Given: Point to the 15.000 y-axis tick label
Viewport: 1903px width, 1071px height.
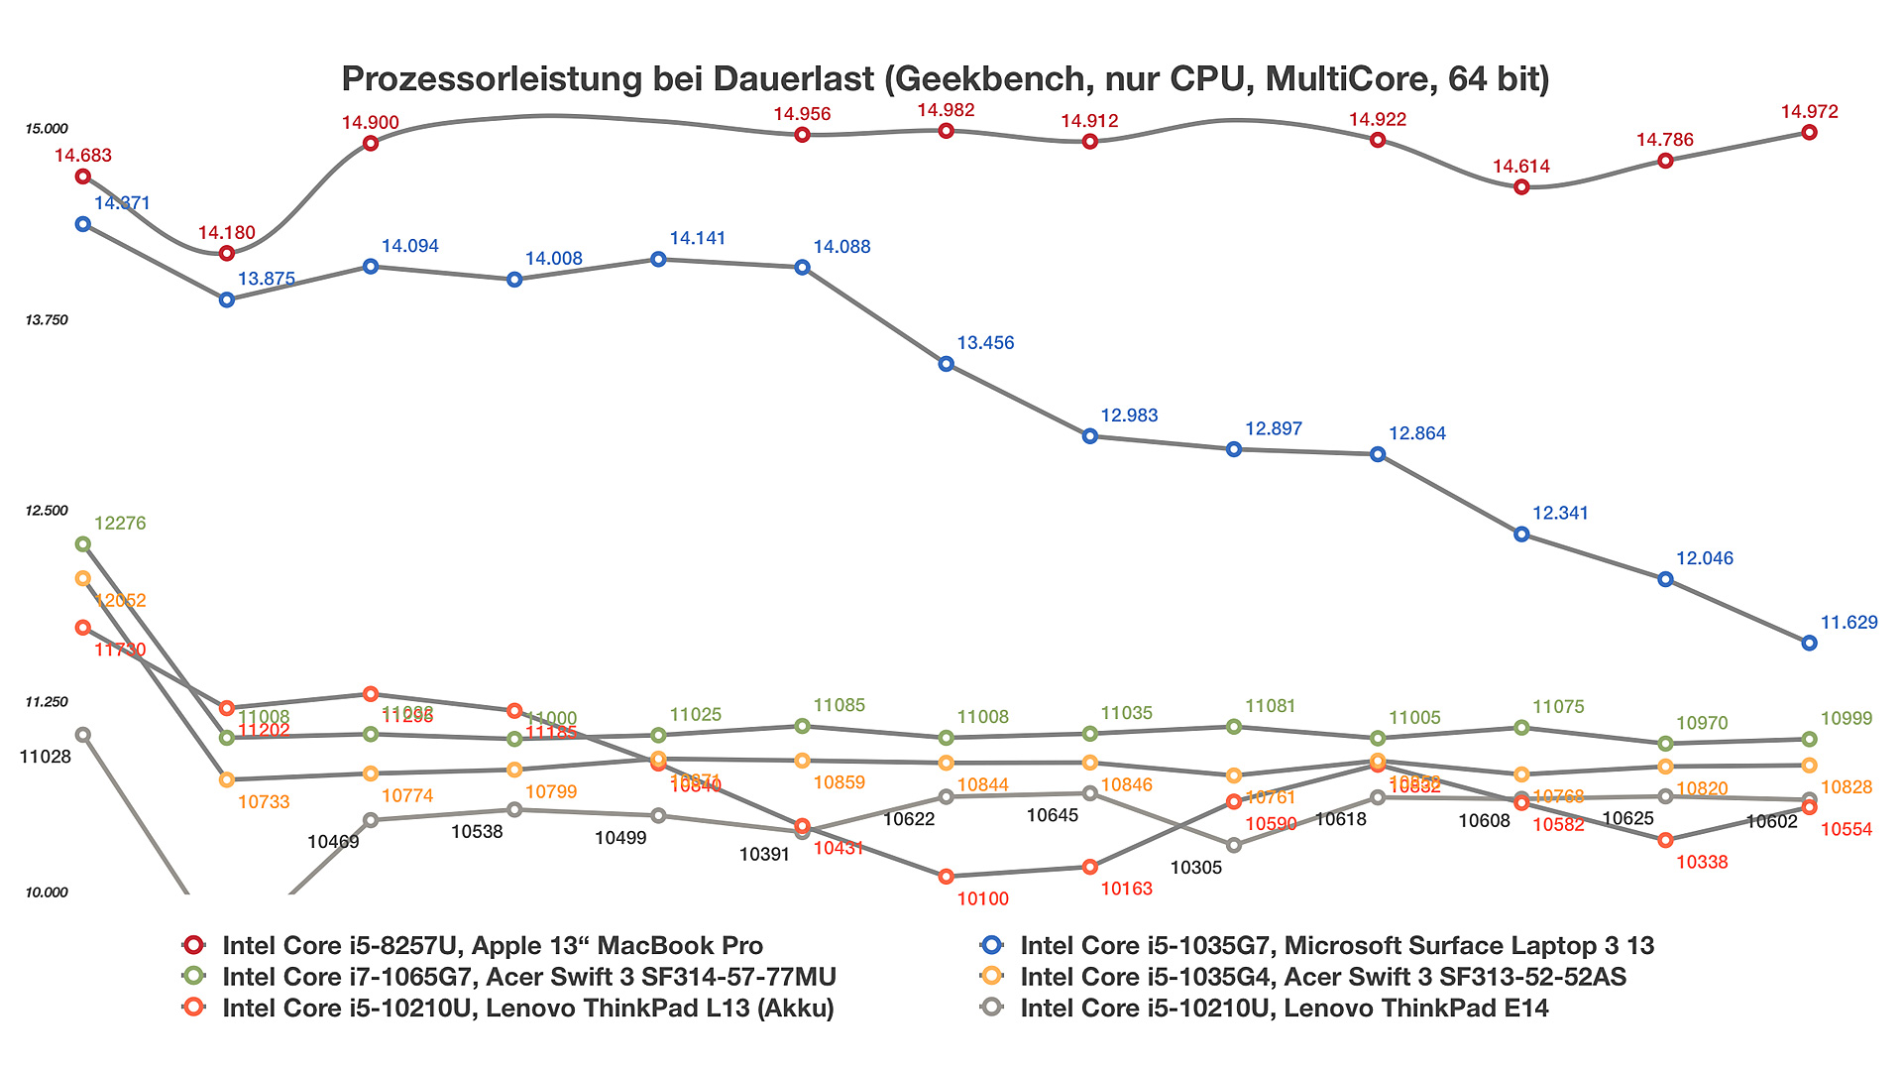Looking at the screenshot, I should coord(47,129).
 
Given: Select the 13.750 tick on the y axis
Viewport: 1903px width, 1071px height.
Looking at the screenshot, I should coord(47,320).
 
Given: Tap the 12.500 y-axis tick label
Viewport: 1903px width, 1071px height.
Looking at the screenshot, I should coord(47,511).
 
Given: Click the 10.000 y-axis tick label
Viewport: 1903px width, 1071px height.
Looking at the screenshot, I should coord(47,892).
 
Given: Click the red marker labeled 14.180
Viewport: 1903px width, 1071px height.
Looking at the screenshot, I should coord(227,254).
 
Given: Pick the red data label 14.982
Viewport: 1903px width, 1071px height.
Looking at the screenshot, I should coord(946,110).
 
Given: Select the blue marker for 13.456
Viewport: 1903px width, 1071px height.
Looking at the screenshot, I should coord(947,364).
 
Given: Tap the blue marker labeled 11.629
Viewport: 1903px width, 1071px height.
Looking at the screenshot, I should coord(1810,643).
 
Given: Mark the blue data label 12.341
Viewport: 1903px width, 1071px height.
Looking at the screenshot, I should coord(1560,513).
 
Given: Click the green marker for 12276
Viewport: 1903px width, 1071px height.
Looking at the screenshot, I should coord(83,544).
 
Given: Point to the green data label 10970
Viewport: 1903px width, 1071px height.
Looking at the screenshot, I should coord(1702,723).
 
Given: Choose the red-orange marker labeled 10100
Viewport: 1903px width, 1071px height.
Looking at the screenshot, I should coord(947,877).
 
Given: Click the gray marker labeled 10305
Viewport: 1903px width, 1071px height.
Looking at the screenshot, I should coord(1234,845).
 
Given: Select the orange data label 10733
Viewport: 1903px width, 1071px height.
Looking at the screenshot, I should coord(264,801).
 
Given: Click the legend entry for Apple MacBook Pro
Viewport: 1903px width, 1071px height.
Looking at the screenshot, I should coord(493,946).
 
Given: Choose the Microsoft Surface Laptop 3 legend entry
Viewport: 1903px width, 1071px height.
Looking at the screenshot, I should coord(1336,946).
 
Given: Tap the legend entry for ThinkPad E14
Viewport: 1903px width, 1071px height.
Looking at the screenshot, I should coord(1284,1009).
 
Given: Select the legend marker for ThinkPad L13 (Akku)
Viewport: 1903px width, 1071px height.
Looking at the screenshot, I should coord(194,1008).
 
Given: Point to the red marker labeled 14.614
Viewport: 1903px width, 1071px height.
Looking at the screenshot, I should coord(1522,187).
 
